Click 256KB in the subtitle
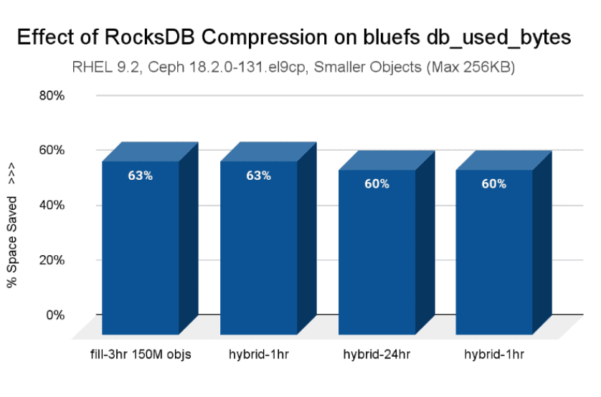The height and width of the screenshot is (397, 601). coord(493,69)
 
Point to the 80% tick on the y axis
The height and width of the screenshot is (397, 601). coord(51,95)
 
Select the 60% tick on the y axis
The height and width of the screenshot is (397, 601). coord(51,150)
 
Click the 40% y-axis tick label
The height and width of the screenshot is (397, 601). coord(51,205)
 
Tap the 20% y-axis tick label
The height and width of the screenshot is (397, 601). coord(51,260)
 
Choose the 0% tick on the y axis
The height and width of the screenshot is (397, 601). coord(55,315)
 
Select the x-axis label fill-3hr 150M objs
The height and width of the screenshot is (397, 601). coord(141,353)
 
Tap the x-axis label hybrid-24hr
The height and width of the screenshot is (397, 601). coord(377,353)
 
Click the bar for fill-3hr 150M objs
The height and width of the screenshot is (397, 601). coord(141,251)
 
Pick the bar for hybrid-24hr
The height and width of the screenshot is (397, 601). coord(377,258)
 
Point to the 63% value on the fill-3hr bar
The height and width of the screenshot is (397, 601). coord(141,176)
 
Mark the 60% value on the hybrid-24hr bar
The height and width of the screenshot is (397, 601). coord(377,184)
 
